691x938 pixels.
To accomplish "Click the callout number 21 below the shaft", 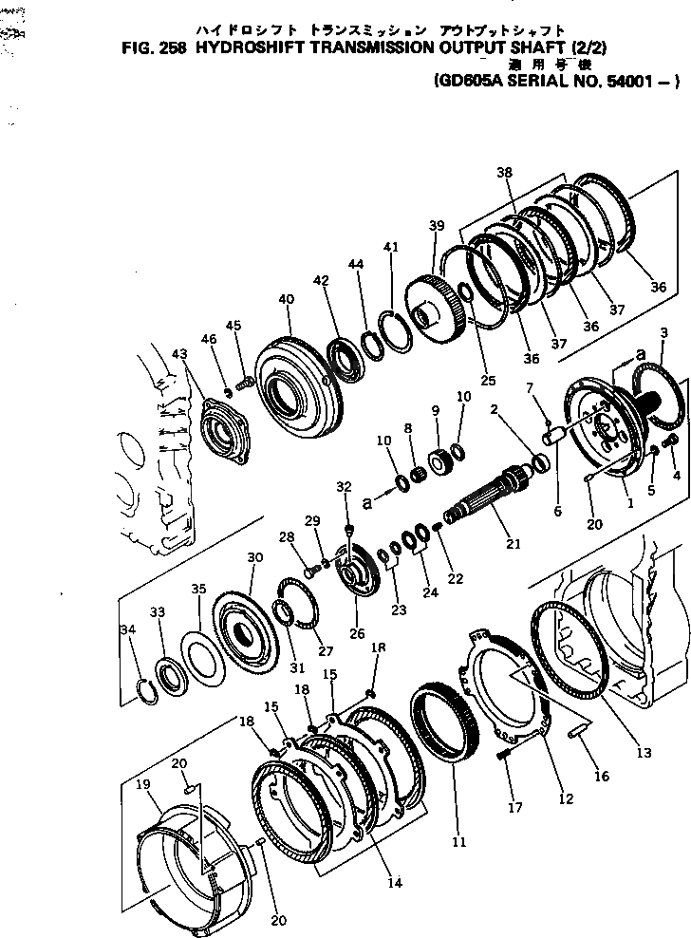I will [x=514, y=543].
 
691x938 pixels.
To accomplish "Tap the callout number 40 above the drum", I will [x=286, y=299].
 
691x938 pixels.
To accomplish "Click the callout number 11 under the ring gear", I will [x=458, y=840].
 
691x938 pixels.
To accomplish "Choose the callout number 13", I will [x=644, y=753].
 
